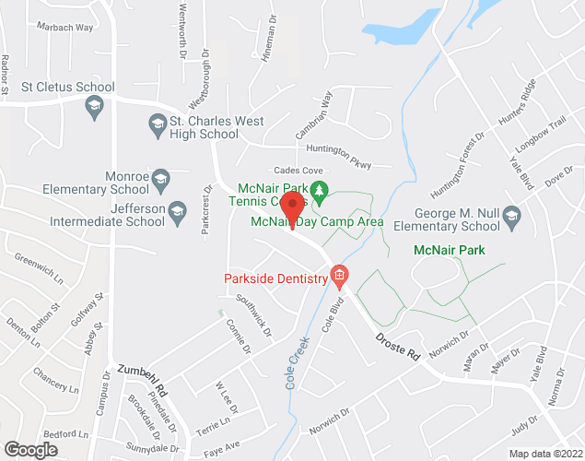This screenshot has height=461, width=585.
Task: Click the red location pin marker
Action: (x=292, y=209)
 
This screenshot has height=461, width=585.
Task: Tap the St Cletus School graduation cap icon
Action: (x=94, y=109)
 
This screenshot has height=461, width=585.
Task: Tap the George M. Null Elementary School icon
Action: (x=512, y=219)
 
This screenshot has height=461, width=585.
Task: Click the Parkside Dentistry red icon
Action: (x=340, y=276)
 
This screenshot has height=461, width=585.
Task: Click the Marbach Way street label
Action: (x=65, y=27)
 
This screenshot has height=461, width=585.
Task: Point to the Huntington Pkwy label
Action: (x=340, y=160)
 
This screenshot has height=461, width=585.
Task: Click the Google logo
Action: (x=30, y=449)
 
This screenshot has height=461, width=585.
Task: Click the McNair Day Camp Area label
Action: (x=330, y=221)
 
